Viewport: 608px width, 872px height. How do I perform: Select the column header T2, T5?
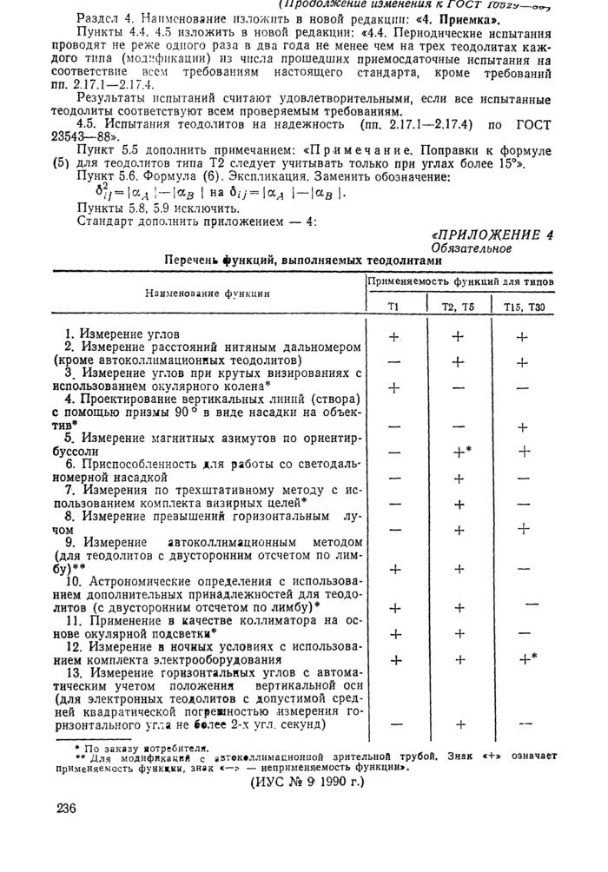458,307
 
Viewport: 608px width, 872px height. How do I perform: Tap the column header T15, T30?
522,307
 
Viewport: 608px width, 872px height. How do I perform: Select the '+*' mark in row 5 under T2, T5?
460,452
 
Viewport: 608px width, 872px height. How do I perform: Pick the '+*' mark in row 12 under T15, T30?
525,658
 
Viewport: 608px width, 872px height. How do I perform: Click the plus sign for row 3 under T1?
395,387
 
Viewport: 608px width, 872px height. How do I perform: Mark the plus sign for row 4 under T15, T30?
522,427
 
